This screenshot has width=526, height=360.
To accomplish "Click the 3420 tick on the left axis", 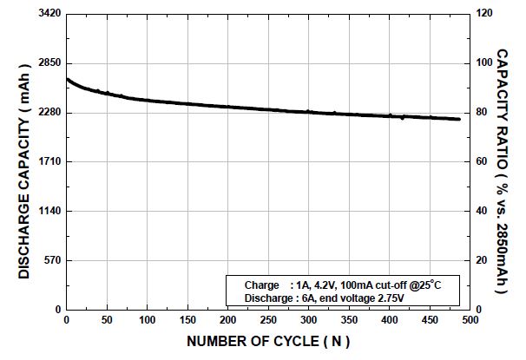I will coord(49,14).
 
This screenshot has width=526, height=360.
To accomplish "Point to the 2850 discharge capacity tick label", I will coord(49,63).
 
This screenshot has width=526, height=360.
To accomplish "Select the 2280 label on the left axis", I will coord(49,113).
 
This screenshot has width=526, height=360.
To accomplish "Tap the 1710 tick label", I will coord(49,162).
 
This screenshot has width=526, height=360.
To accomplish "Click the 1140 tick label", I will coord(49,212).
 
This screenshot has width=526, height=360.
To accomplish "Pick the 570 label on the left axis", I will coord(53,261).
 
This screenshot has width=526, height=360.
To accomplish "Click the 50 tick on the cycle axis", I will coord(107,320).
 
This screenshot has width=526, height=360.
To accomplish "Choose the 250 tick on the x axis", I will coord(268,320).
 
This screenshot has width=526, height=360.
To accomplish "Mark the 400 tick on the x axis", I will coord(389,320).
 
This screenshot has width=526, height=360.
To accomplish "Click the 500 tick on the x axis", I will coord(470,320).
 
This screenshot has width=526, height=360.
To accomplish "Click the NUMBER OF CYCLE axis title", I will coord(267,342).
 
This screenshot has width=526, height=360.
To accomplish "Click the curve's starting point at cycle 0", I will coord(67,79).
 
